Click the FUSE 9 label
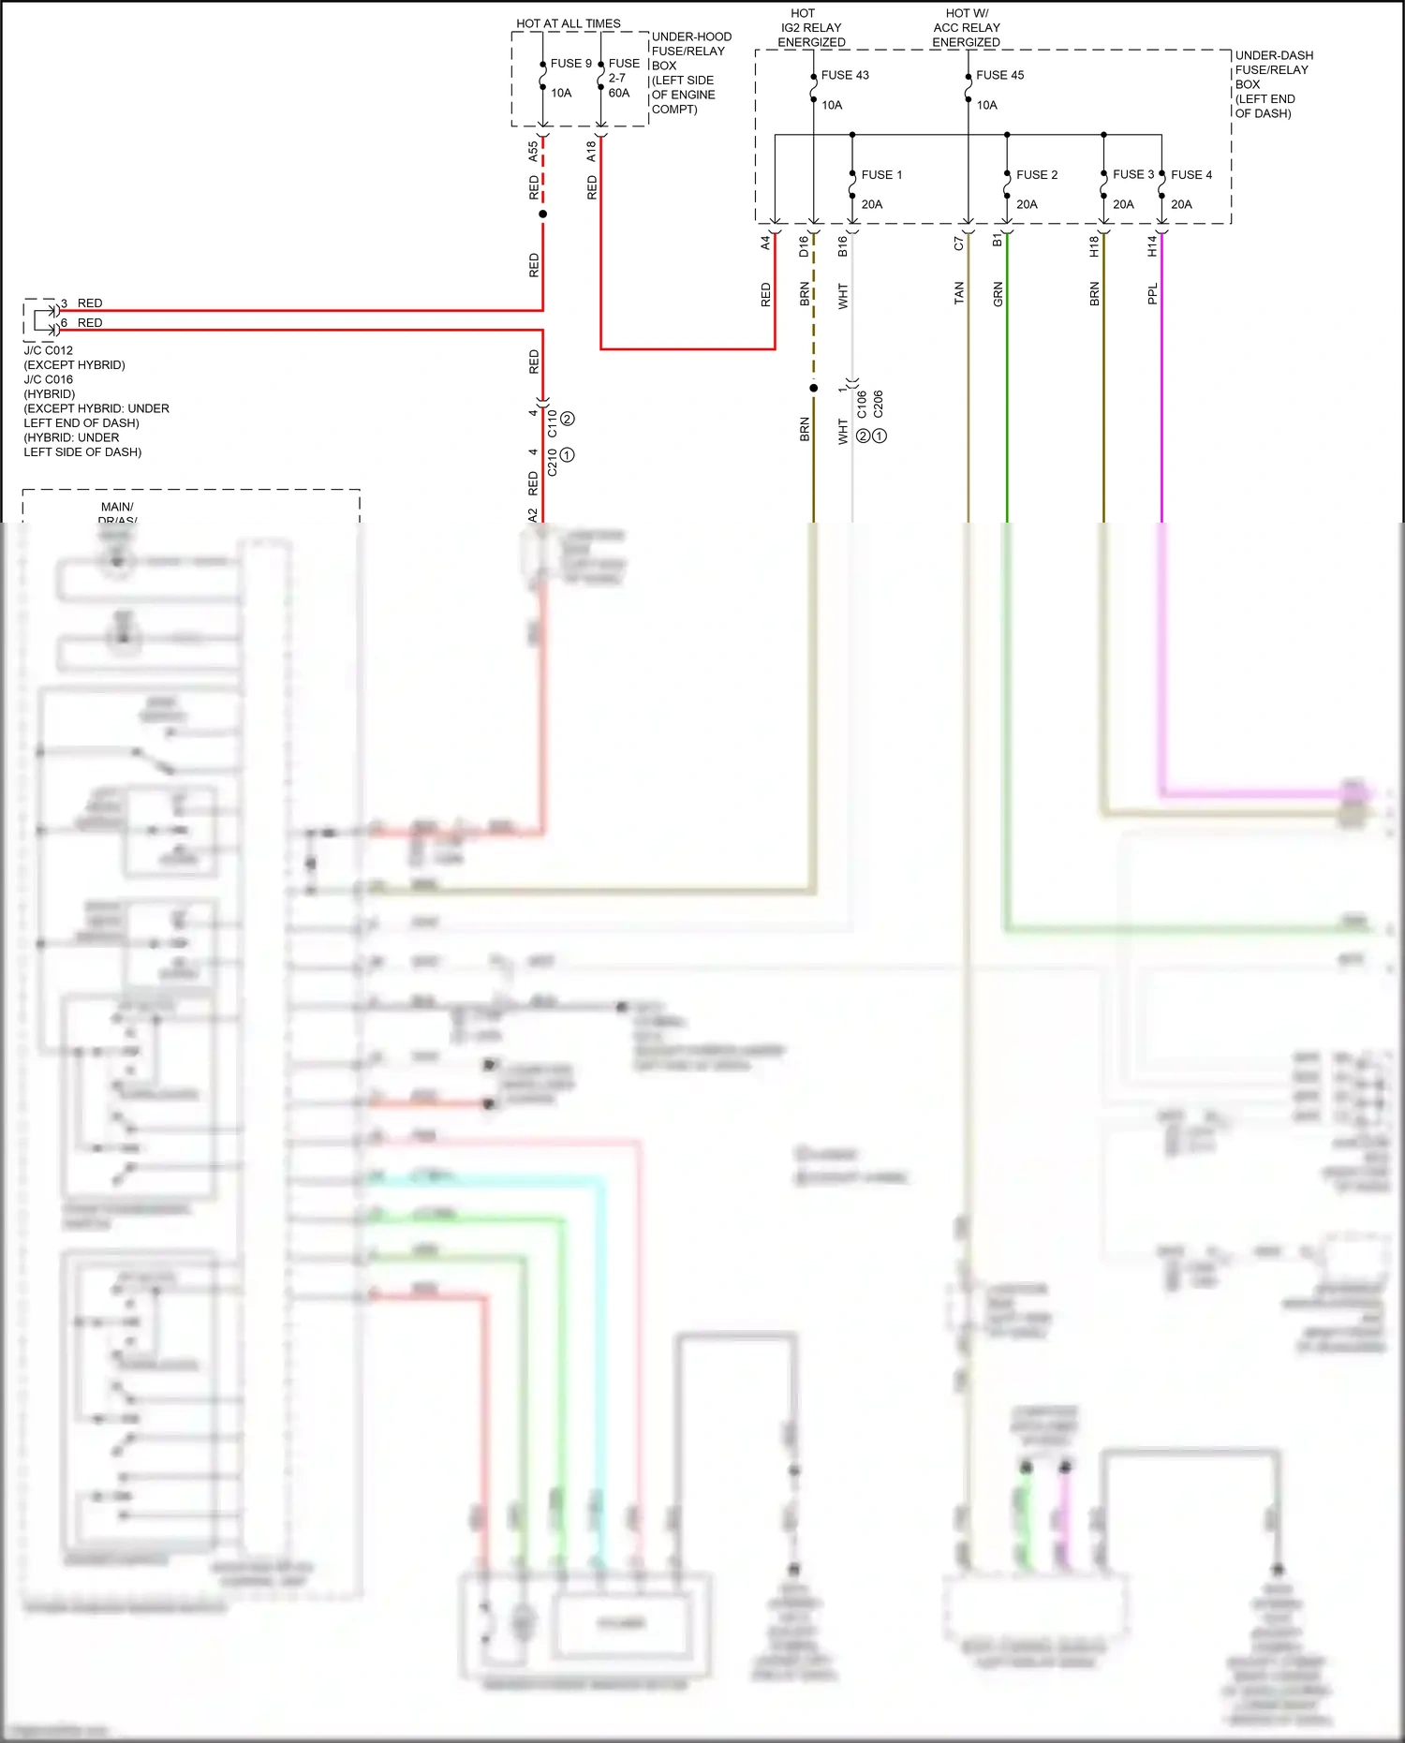[x=570, y=64]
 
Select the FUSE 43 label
[x=845, y=75]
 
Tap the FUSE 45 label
[x=999, y=75]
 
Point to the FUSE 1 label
[x=881, y=175]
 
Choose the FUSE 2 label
[x=1036, y=175]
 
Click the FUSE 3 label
[x=1132, y=174]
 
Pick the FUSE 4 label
[x=1191, y=175]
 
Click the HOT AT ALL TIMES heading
[x=568, y=23]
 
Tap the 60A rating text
[x=619, y=93]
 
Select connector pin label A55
[x=533, y=151]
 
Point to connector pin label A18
[x=591, y=151]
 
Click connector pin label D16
[x=804, y=246]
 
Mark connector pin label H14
[x=1152, y=246]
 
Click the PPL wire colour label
[x=1152, y=293]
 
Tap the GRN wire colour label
[x=998, y=294]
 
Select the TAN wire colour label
[x=958, y=293]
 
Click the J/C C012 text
[x=49, y=350]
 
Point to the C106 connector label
[x=862, y=404]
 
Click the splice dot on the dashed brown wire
[x=813, y=388]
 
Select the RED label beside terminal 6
[x=90, y=323]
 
